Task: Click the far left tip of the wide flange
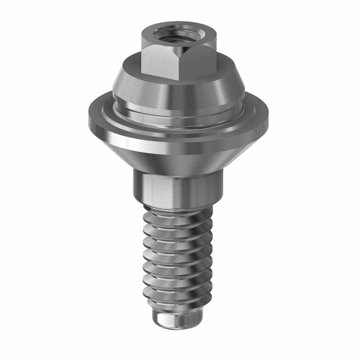click(84, 115)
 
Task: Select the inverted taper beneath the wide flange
click(173, 155)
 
